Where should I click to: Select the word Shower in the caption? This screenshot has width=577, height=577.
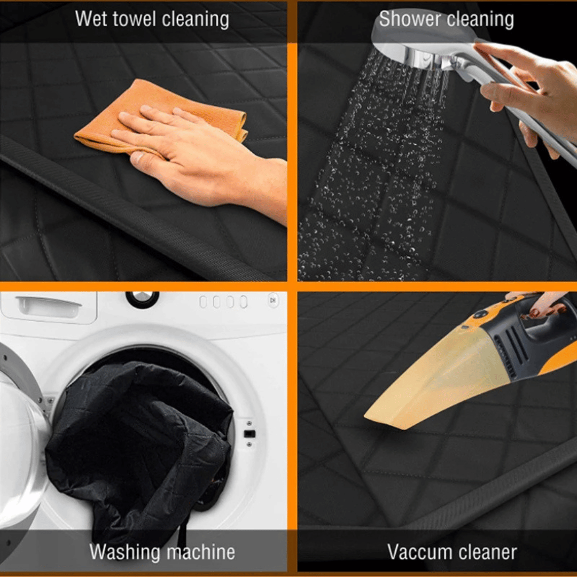pyautogui.click(x=405, y=19)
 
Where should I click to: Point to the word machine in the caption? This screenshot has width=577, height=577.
pyautogui.click(x=201, y=552)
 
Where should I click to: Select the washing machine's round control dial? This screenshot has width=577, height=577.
pyautogui.click(x=143, y=298)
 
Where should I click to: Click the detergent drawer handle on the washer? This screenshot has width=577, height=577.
pyautogui.click(x=49, y=306)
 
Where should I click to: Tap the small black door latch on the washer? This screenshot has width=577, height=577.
pyautogui.click(x=249, y=434)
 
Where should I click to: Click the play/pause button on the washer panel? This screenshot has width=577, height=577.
pyautogui.click(x=273, y=300)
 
